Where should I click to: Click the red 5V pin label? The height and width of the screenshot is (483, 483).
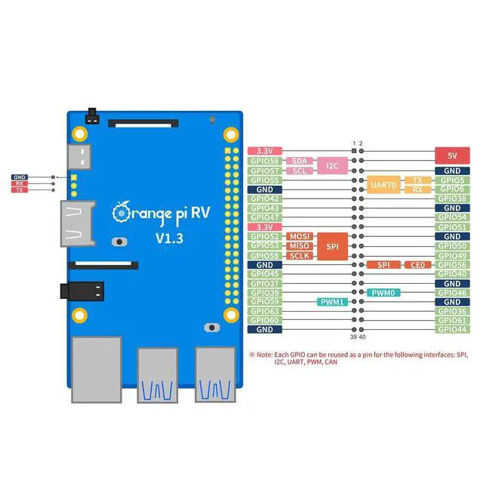pyautogui.click(x=452, y=155)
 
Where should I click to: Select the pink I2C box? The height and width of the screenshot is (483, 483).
pyautogui.click(x=331, y=164)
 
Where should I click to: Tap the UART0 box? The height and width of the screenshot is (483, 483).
pyautogui.click(x=383, y=184)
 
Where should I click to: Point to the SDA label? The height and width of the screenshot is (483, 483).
pyautogui.click(x=299, y=161)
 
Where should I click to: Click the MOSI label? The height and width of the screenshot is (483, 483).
pyautogui.click(x=300, y=236)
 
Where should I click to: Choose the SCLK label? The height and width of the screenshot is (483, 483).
pyautogui.click(x=300, y=256)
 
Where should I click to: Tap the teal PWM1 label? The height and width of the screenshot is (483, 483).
pyautogui.click(x=333, y=302)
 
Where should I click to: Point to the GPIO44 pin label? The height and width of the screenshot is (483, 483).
pyautogui.click(x=452, y=329)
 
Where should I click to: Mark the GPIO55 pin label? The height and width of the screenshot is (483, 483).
pyautogui.click(x=264, y=180)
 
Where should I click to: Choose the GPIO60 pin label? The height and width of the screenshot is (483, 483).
pyautogui.click(x=264, y=320)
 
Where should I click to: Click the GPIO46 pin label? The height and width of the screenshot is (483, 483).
pyautogui.click(x=452, y=292)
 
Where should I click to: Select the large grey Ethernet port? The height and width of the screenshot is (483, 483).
pyautogui.click(x=97, y=368)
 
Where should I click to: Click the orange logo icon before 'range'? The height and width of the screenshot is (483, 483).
pyautogui.click(x=119, y=211)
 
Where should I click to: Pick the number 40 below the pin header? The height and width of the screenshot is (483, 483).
pyautogui.click(x=361, y=337)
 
